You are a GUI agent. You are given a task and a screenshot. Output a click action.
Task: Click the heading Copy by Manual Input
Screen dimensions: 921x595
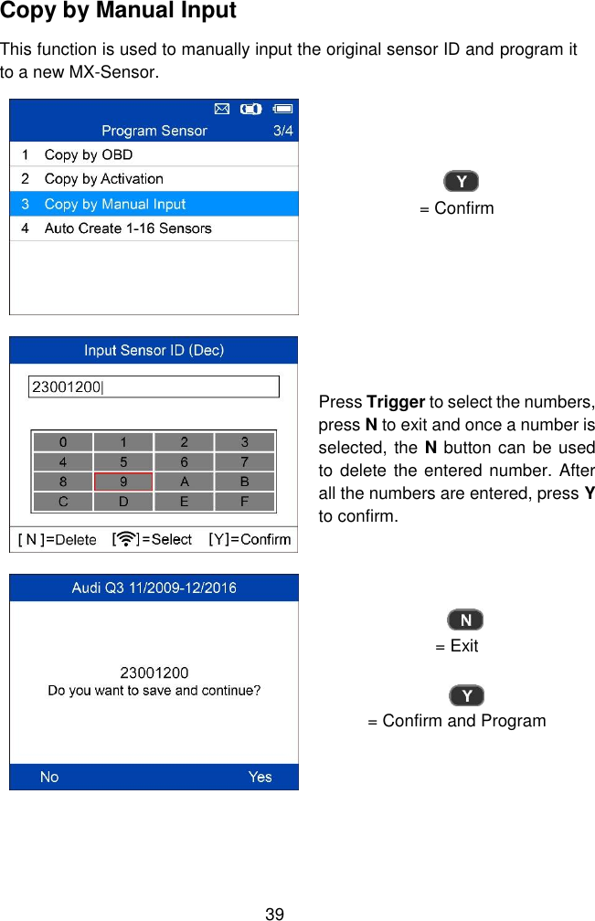click(x=119, y=12)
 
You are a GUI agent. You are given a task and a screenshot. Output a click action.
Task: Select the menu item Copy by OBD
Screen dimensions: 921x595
click(x=88, y=154)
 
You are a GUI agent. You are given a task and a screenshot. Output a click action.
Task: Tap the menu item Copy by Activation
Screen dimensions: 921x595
click(x=103, y=179)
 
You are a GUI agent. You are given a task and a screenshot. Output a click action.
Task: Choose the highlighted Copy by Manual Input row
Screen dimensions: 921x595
click(x=114, y=204)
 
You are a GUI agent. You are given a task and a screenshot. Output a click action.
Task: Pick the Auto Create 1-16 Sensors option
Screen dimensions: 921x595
click(x=127, y=228)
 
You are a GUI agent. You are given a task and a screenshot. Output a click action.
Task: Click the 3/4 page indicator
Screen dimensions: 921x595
click(x=283, y=131)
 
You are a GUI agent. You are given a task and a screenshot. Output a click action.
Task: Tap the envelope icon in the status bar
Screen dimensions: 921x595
click(x=221, y=109)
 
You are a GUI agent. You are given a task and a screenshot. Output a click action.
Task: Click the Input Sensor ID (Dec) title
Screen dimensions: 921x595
click(x=154, y=350)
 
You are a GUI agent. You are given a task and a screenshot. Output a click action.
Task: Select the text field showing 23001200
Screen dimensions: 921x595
click(x=154, y=387)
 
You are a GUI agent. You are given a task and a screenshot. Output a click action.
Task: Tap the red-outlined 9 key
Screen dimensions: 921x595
click(x=123, y=482)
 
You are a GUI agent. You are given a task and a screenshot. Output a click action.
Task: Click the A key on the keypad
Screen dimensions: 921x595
click(x=184, y=482)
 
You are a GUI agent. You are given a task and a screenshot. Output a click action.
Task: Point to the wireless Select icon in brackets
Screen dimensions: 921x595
click(x=125, y=539)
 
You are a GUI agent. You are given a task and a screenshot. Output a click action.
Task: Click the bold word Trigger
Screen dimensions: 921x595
click(x=395, y=403)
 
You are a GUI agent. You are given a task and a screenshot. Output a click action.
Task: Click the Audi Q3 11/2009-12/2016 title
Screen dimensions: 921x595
click(x=154, y=588)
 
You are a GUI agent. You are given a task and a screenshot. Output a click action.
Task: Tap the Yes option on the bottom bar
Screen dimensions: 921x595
click(x=260, y=777)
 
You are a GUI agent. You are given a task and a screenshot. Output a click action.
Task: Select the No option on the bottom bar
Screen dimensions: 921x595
click(x=49, y=777)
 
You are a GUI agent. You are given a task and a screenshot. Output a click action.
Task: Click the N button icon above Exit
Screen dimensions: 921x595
click(x=465, y=620)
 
